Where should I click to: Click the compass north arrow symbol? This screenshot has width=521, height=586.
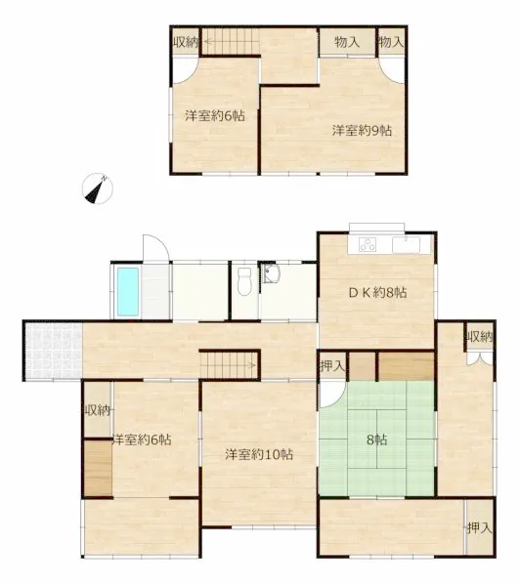tap(97, 188)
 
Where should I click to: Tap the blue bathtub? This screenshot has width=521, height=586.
tap(128, 291)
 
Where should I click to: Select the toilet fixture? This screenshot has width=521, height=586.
tap(244, 281)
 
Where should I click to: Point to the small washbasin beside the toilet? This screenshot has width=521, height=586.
tap(271, 273)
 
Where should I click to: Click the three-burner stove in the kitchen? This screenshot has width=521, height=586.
tap(368, 245)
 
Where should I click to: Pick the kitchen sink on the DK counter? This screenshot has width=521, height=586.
tap(407, 245)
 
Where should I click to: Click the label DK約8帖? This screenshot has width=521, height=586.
tap(377, 292)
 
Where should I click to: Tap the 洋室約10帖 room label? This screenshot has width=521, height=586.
tap(259, 454)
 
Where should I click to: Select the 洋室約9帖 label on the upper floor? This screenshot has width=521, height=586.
tap(362, 131)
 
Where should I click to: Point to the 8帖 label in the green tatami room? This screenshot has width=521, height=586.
tap(376, 439)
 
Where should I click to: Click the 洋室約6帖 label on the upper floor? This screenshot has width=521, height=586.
tap(215, 116)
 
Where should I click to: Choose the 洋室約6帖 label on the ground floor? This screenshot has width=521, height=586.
tap(142, 439)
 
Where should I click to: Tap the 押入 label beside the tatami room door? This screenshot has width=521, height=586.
tap(332, 366)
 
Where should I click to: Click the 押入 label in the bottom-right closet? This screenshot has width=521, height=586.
tap(479, 527)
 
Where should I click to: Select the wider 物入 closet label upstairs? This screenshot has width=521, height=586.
tap(347, 42)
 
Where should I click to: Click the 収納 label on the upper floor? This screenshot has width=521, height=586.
tap(186, 42)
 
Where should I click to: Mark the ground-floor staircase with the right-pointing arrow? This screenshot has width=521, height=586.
tap(228, 365)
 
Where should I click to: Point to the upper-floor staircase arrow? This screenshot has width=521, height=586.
tap(231, 41)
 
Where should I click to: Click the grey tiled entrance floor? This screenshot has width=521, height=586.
tap(53, 351)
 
